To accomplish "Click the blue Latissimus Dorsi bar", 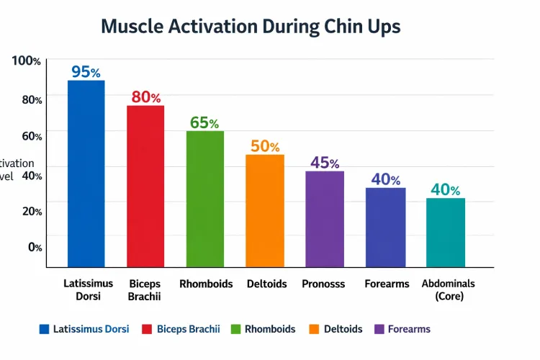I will click(x=86, y=174).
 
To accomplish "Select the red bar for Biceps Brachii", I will click(x=145, y=186).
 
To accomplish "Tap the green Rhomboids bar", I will click(x=205, y=199).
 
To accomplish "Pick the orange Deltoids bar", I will click(x=265, y=210).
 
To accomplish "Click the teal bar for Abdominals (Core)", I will click(x=445, y=232).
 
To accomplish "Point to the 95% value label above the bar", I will click(x=86, y=72).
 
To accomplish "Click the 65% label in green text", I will click(x=204, y=122).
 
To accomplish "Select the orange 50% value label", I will click(x=265, y=146).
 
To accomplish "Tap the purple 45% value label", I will click(x=325, y=163).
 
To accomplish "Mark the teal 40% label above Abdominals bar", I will click(x=445, y=189).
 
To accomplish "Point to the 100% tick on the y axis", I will click(x=27, y=61).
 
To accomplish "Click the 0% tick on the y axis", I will click(x=35, y=247).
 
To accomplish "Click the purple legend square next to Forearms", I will click(x=379, y=329).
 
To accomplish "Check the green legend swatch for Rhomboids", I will click(x=235, y=329).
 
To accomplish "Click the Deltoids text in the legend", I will click(x=343, y=329).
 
